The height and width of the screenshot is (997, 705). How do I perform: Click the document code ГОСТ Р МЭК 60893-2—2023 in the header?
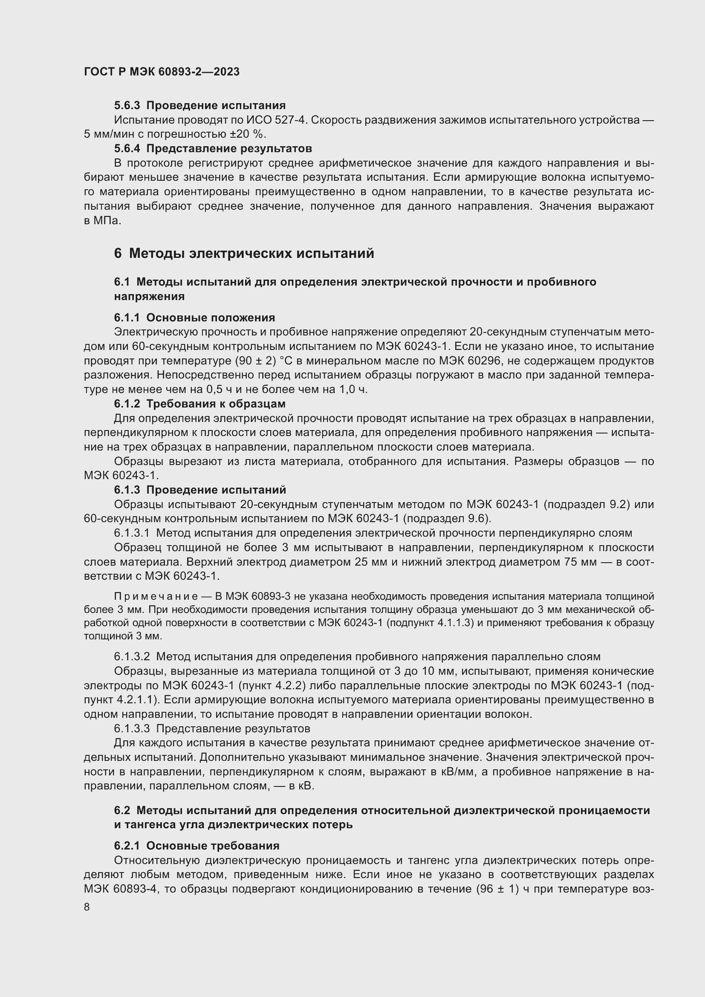(x=162, y=72)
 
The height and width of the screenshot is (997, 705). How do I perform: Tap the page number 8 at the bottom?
(x=87, y=907)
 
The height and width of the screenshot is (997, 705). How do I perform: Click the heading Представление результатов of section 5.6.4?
(x=229, y=148)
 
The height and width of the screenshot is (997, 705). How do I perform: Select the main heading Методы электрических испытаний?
(x=251, y=253)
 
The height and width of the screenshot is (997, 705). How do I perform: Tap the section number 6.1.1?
(x=127, y=318)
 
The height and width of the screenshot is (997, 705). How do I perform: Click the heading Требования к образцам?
(x=216, y=404)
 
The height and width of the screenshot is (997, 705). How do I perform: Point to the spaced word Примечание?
(x=156, y=596)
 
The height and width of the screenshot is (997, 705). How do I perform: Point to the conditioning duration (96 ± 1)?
(x=498, y=889)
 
